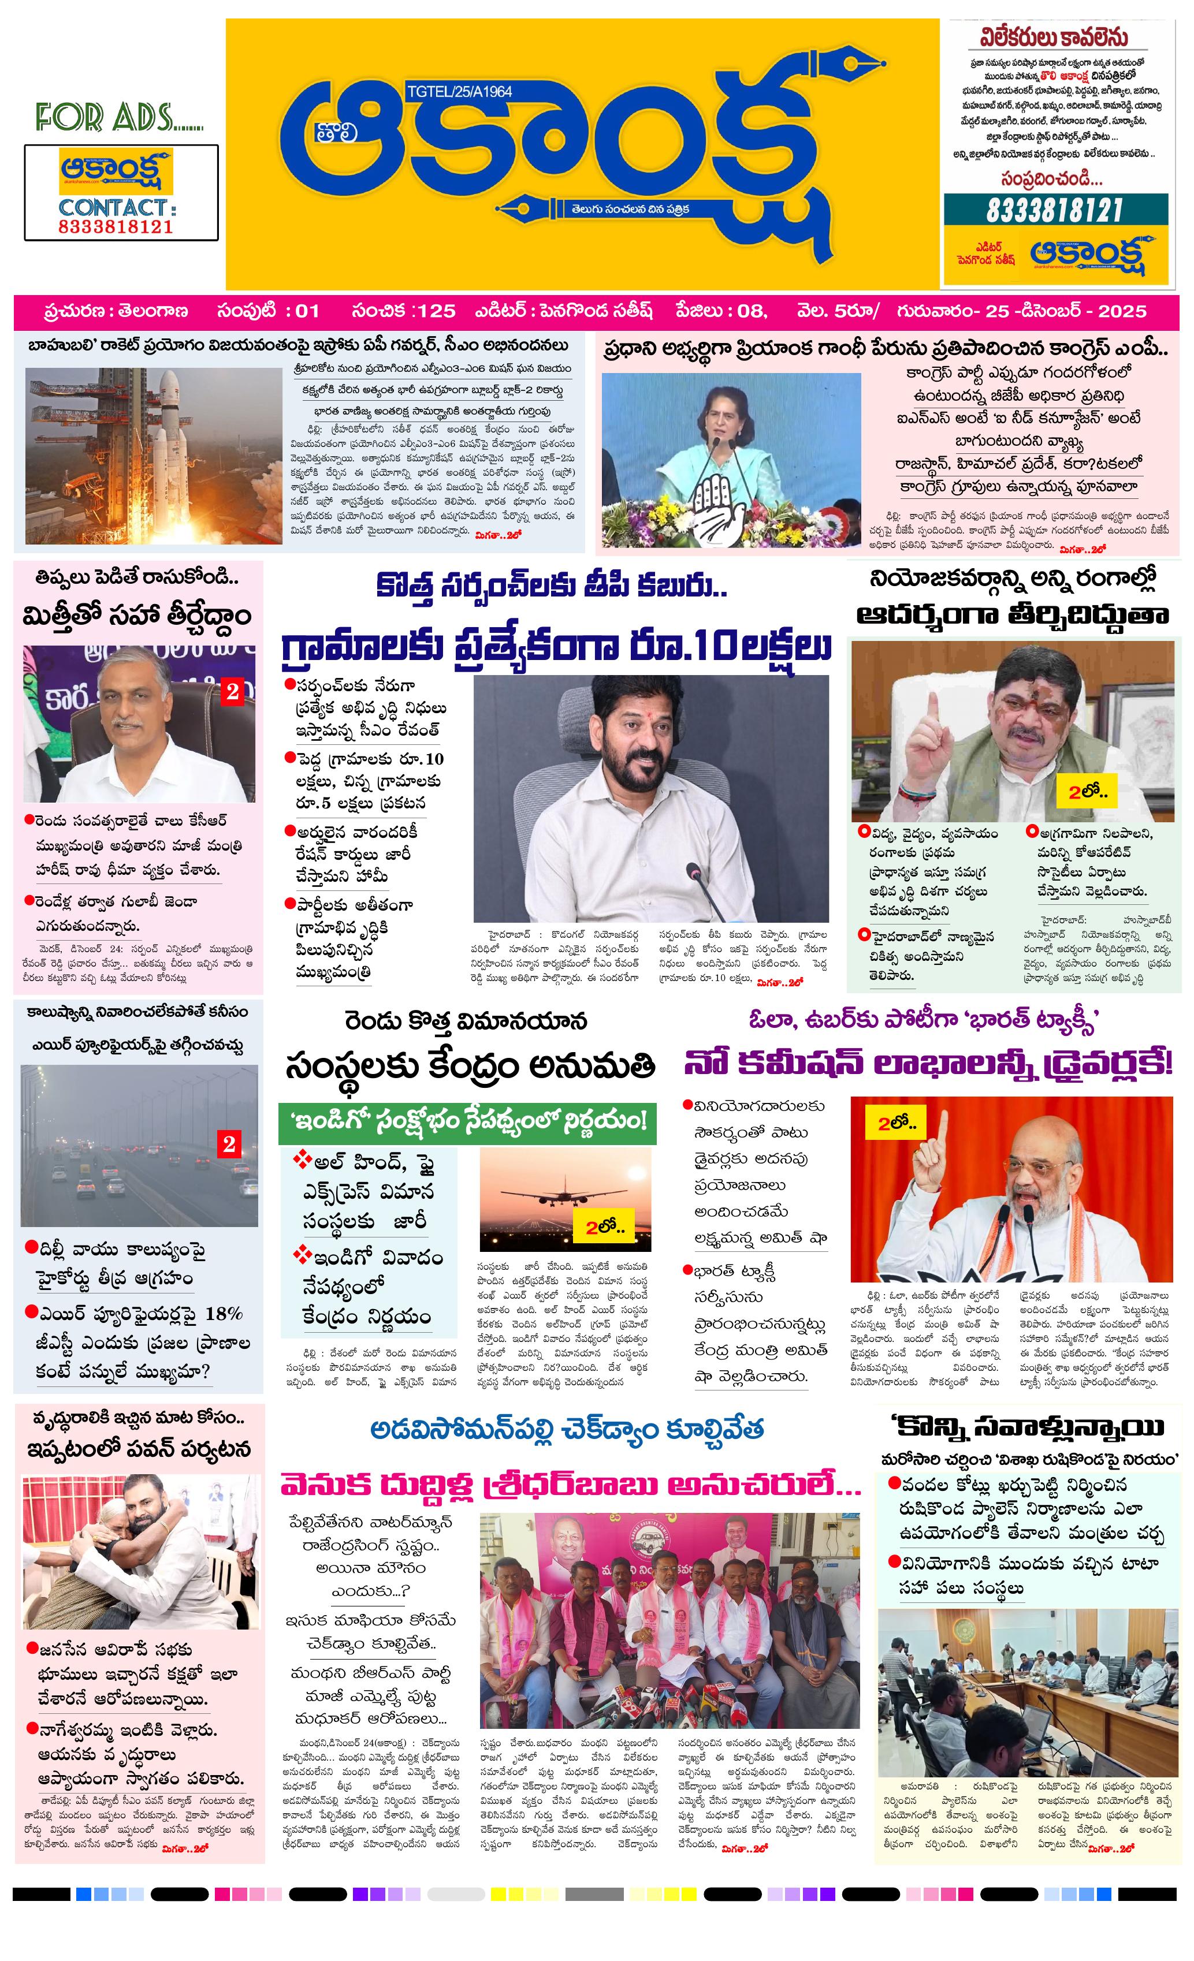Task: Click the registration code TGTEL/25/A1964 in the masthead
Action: click(x=459, y=91)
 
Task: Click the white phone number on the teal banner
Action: click(x=1055, y=211)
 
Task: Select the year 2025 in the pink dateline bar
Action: click(x=1122, y=311)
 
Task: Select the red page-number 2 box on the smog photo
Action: click(x=229, y=1144)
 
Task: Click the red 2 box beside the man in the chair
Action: click(x=232, y=692)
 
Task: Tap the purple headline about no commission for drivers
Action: click(x=927, y=1063)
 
